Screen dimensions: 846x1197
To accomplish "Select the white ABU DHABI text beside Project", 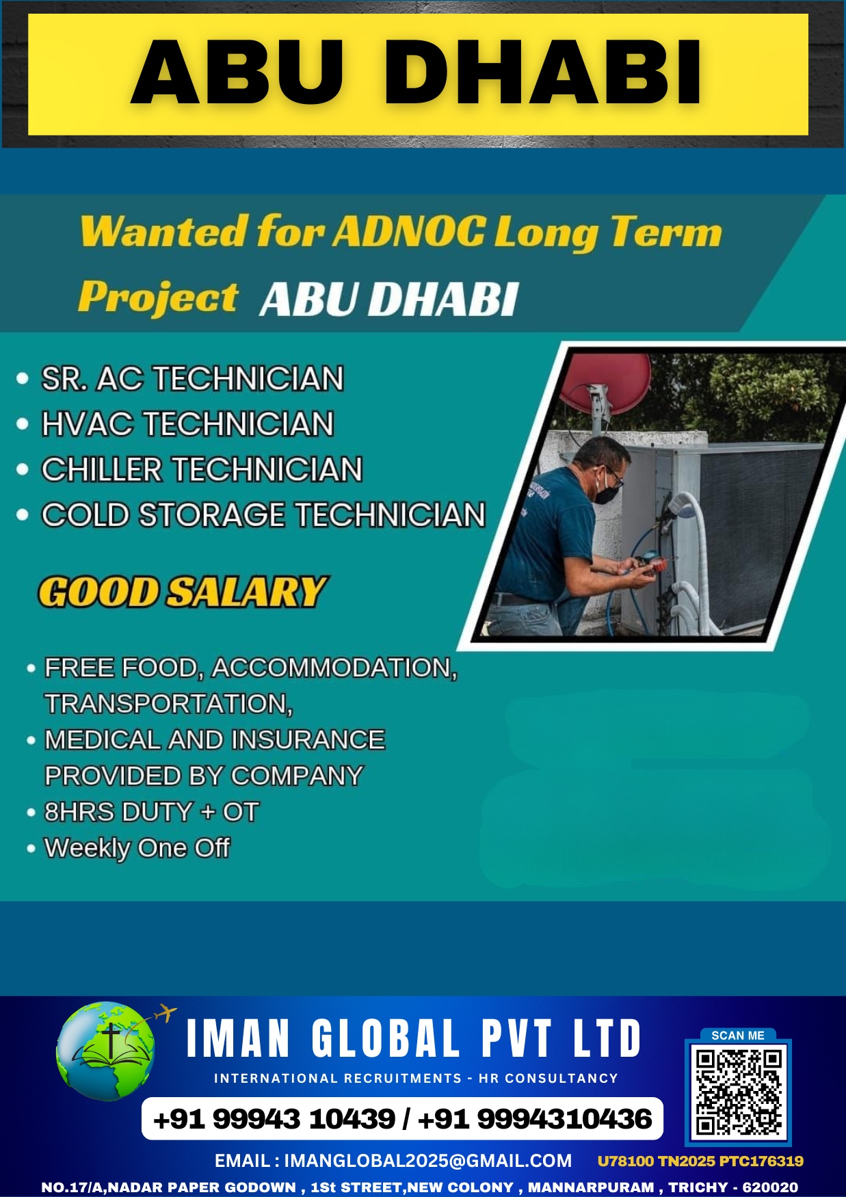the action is click(x=389, y=300).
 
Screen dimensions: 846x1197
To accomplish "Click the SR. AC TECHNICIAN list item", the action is click(x=192, y=378).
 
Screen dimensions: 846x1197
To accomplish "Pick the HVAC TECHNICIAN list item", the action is click(x=187, y=424).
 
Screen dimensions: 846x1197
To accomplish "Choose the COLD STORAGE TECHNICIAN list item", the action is click(x=263, y=515).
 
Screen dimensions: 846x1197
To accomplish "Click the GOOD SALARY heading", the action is click(x=183, y=592).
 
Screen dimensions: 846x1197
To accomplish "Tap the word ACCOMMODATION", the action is click(x=334, y=668).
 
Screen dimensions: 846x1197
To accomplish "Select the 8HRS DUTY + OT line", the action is click(x=151, y=812).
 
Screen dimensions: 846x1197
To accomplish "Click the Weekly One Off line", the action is click(x=137, y=848).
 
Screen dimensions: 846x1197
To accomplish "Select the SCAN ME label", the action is click(x=738, y=1036).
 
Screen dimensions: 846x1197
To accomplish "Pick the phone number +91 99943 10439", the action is click(x=274, y=1119).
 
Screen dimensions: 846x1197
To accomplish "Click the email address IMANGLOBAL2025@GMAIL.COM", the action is click(x=427, y=1161).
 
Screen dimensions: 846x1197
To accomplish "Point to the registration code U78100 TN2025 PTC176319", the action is click(x=700, y=1161).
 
